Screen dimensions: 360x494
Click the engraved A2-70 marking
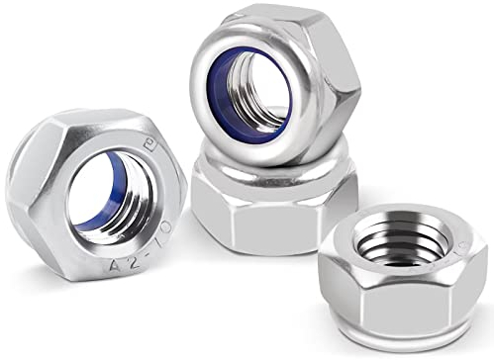(142, 255)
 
